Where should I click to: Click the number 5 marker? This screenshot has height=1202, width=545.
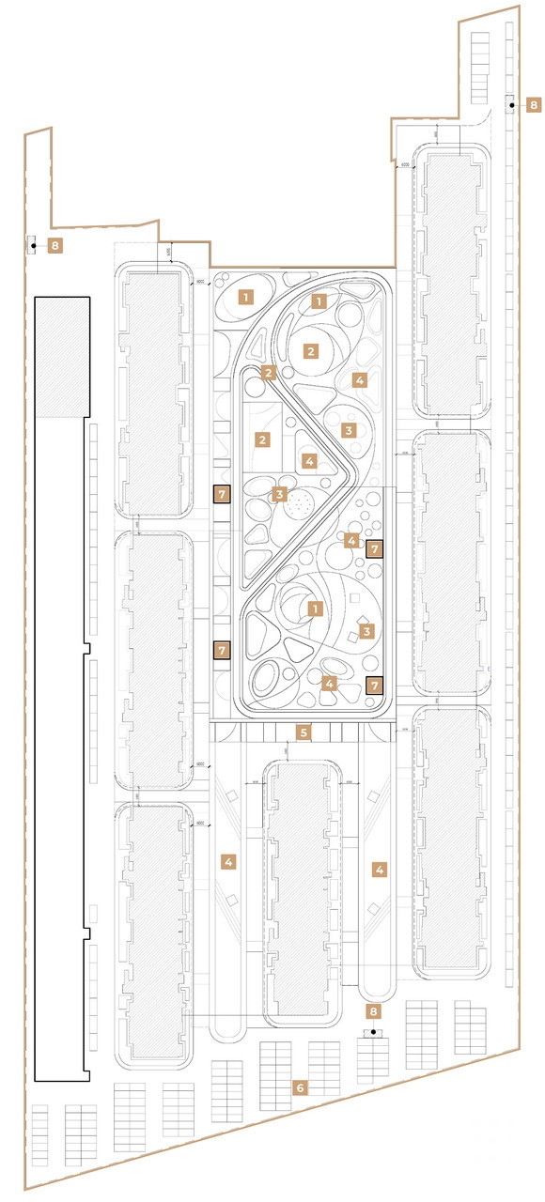pyautogui.click(x=304, y=732)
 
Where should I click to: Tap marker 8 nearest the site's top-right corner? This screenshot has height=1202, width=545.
pyautogui.click(x=534, y=105)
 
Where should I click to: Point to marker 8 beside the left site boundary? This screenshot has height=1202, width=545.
pyautogui.click(x=55, y=246)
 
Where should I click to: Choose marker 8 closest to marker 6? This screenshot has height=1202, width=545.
pyautogui.click(x=373, y=1012)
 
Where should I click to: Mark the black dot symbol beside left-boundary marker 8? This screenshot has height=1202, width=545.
pyautogui.click(x=33, y=246)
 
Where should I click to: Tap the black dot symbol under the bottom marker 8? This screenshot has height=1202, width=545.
pyautogui.click(x=373, y=1033)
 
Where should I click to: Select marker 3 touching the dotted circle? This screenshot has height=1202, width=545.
pyautogui.click(x=280, y=494)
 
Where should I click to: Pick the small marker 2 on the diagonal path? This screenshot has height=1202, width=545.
pyautogui.click(x=269, y=373)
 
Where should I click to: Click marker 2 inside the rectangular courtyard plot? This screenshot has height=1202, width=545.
pyautogui.click(x=264, y=439)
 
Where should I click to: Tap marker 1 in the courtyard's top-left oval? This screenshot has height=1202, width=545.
pyautogui.click(x=246, y=298)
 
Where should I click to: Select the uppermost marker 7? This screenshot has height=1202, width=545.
pyautogui.click(x=222, y=494)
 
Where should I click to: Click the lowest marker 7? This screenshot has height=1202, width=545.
pyautogui.click(x=374, y=686)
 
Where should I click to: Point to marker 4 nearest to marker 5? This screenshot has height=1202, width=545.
pyautogui.click(x=329, y=684)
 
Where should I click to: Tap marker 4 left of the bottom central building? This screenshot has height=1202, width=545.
pyautogui.click(x=226, y=860)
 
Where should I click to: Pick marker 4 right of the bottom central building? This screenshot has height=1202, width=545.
pyautogui.click(x=380, y=870)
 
